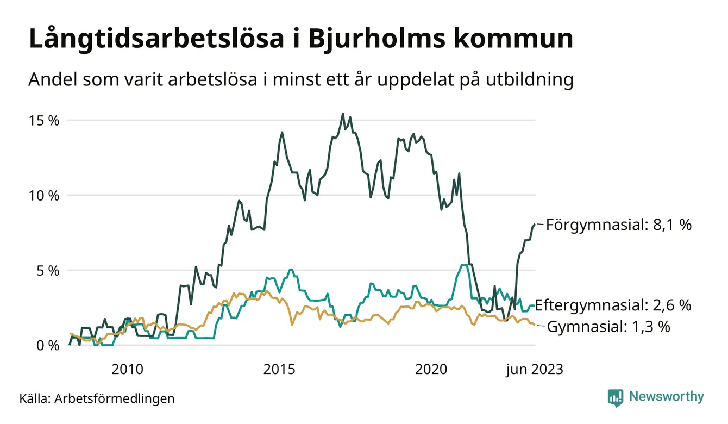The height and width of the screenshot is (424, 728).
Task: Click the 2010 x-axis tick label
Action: (x=128, y=370)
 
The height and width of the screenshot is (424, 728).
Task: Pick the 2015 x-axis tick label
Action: (x=279, y=370)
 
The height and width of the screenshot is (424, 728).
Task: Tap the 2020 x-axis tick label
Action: (x=431, y=370)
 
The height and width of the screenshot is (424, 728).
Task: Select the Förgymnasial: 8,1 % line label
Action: (x=619, y=225)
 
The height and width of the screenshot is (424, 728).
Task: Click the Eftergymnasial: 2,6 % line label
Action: (x=613, y=305)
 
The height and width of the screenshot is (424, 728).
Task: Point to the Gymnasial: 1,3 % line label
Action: (x=608, y=327)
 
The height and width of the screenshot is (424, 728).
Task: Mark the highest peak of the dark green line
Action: (x=342, y=114)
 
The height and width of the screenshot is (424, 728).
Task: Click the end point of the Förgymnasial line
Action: (x=534, y=224)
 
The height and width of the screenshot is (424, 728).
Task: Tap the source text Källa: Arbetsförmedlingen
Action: (x=97, y=398)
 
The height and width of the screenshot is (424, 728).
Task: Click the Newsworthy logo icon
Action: (x=616, y=397)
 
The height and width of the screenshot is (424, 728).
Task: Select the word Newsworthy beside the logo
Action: (x=666, y=397)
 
